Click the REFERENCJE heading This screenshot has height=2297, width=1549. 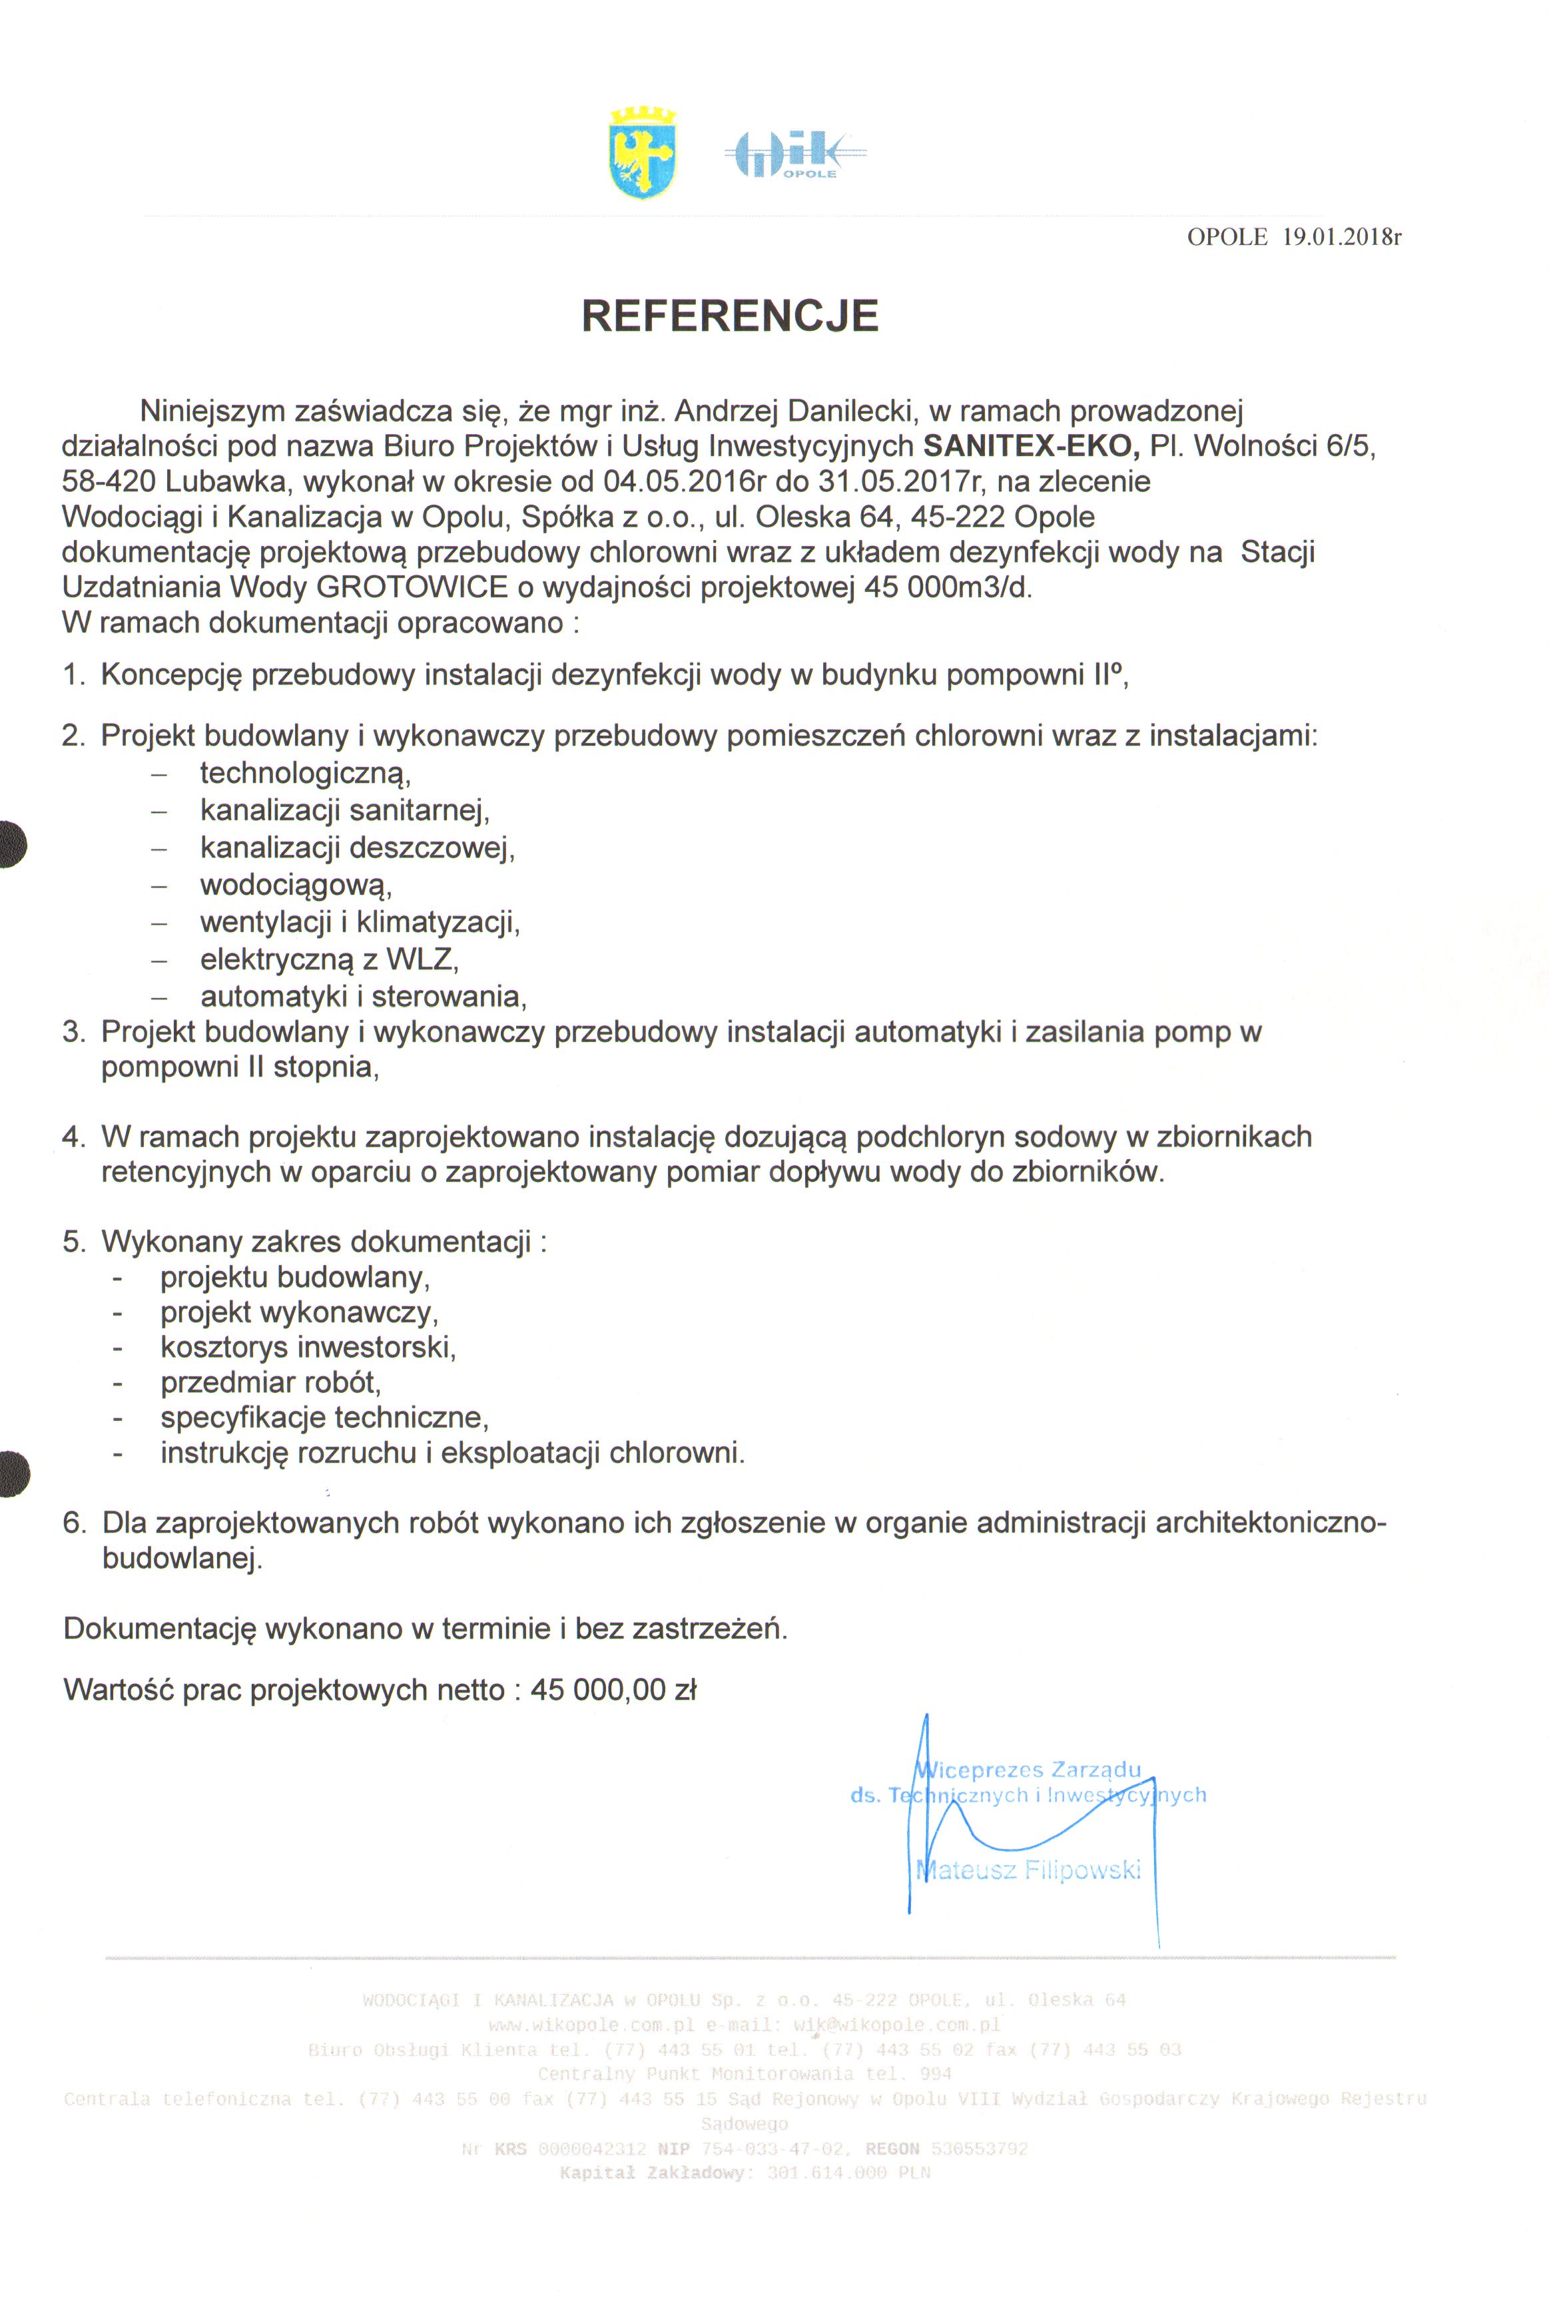pos(730,316)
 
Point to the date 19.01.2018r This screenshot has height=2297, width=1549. pos(1341,237)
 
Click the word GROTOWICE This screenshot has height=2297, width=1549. pos(412,588)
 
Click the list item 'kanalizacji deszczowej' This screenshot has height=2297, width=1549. pos(357,848)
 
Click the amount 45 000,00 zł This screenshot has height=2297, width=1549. pos(613,1690)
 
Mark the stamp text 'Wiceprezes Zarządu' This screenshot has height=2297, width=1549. pos(1028,1770)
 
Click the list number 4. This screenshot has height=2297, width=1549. pos(73,1137)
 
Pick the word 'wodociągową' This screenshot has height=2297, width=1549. pos(296,885)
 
